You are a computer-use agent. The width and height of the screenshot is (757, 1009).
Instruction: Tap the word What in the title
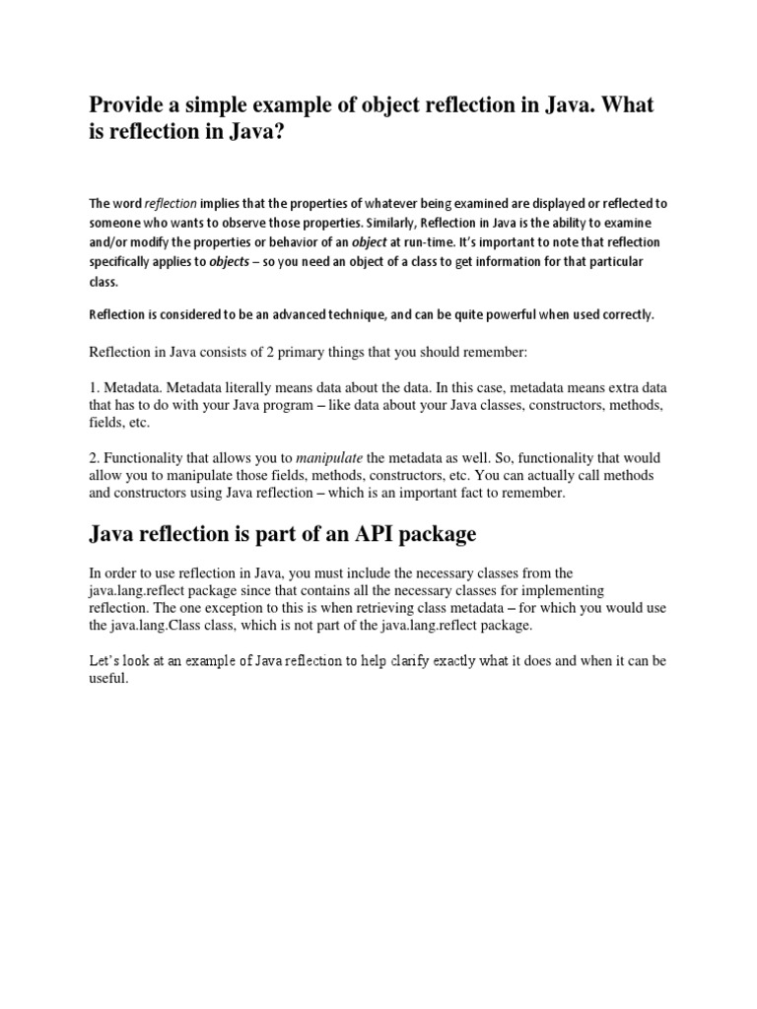[x=624, y=105]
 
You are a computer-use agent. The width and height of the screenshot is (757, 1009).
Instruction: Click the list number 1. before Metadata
[x=95, y=388]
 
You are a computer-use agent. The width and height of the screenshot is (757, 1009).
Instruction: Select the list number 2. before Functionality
[x=95, y=458]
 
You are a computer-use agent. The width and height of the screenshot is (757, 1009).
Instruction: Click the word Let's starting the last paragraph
[x=106, y=661]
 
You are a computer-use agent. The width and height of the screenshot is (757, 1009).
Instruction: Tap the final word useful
[x=108, y=680]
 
